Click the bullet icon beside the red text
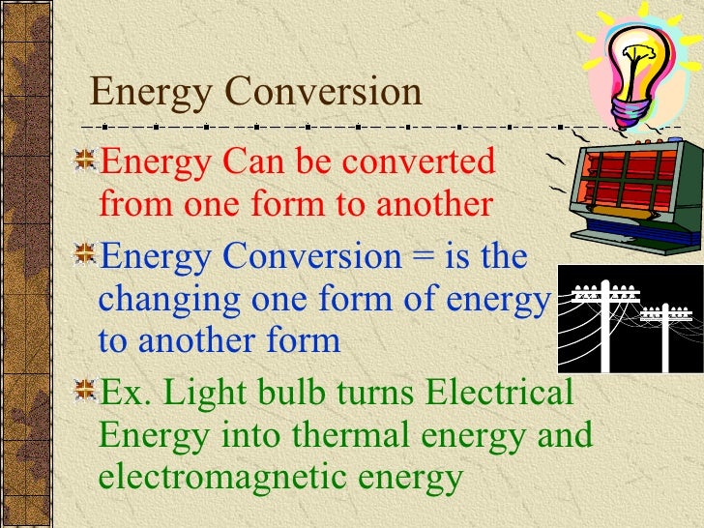point(86,161)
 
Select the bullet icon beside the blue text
point(86,257)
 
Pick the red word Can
point(254,161)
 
